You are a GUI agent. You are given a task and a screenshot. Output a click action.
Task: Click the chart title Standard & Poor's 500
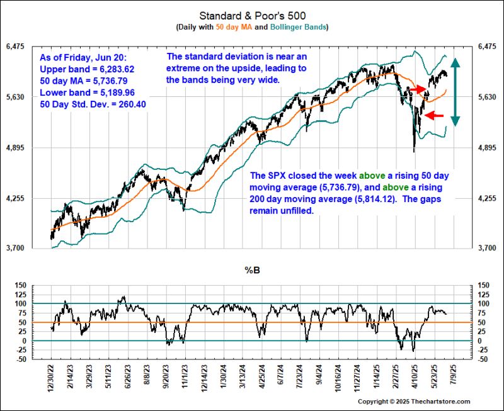coord(251,14)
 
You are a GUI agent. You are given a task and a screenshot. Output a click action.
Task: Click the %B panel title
coord(253,271)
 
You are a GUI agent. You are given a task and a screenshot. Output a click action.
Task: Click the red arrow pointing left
coord(435,115)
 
